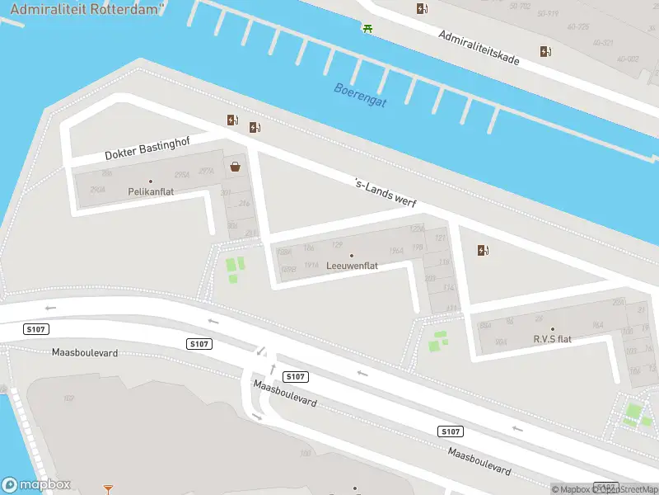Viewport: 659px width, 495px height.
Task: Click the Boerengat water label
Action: pyautogui.click(x=360, y=95)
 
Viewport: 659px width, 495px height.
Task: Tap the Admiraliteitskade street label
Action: pyautogui.click(x=479, y=49)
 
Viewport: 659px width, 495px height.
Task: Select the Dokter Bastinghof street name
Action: pyautogui.click(x=147, y=148)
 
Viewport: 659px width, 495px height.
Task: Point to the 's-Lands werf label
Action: pyautogui.click(x=385, y=194)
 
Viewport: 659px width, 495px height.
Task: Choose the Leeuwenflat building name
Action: pyautogui.click(x=352, y=266)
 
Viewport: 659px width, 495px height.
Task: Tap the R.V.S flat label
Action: pyautogui.click(x=552, y=339)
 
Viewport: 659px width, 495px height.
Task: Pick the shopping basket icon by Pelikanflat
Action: pyautogui.click(x=236, y=167)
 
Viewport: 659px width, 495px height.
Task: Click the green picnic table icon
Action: pyautogui.click(x=367, y=28)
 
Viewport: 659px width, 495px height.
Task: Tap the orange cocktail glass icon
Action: pyautogui.click(x=108, y=488)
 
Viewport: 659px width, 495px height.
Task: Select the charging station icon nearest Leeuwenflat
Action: pyautogui.click(x=482, y=250)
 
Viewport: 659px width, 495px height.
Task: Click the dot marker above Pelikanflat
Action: pyautogui.click(x=151, y=181)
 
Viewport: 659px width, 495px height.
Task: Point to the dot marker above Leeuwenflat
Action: pyautogui.click(x=352, y=255)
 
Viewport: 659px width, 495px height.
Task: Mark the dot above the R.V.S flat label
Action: pyautogui.click(x=552, y=329)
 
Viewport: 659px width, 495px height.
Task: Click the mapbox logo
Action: pyautogui.click(x=36, y=485)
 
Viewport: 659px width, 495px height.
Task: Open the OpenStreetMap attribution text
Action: pyautogui.click(x=627, y=489)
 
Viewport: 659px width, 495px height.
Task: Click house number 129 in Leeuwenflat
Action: pyautogui.click(x=336, y=245)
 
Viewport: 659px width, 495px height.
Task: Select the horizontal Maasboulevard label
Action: pyautogui.click(x=85, y=352)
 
